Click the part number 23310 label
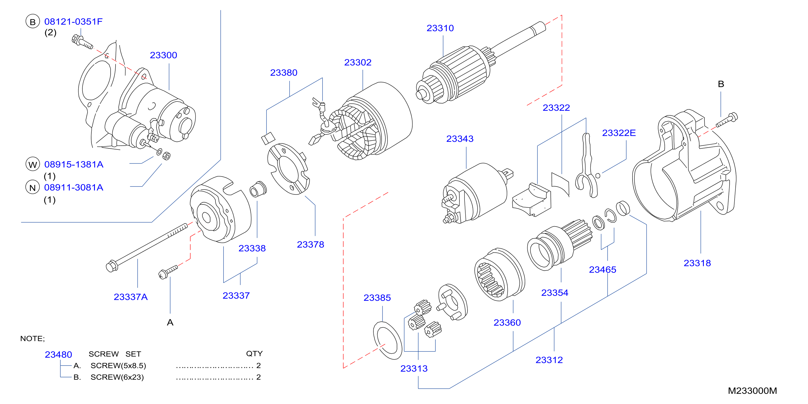point(440,28)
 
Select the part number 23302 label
point(358,62)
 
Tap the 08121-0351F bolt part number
point(73,22)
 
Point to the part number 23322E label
point(619,133)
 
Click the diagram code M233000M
point(752,391)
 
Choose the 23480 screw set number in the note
point(58,355)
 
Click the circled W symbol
point(33,164)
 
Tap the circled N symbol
point(33,187)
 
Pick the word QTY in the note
point(254,354)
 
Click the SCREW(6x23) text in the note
point(117,377)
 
